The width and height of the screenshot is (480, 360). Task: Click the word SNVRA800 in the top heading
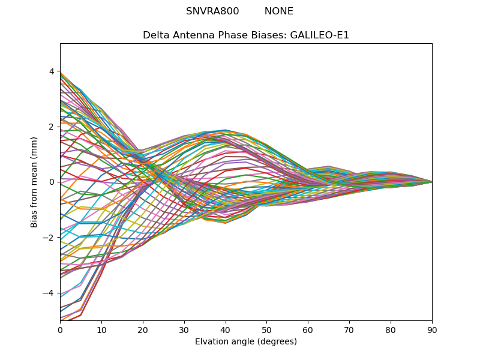[212, 11]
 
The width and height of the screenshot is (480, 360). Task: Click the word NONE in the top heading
[279, 11]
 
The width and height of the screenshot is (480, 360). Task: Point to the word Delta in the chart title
[155, 35]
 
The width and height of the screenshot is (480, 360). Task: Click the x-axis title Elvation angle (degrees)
[246, 341]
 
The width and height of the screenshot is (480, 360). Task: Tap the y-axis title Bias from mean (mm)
[34, 182]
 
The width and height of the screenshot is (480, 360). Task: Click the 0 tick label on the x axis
[60, 329]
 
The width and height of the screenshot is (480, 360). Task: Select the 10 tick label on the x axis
[101, 329]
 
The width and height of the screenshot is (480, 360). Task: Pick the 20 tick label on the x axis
[143, 329]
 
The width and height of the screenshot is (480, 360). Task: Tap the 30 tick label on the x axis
[184, 329]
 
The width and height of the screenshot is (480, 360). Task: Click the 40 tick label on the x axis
[226, 329]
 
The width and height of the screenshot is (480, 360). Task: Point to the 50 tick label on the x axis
[266, 329]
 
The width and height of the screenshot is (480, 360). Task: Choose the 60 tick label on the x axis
[308, 329]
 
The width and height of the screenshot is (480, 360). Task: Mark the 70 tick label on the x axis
[349, 329]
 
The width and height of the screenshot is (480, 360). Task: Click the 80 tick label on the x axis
[391, 329]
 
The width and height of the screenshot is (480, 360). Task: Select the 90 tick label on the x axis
[432, 329]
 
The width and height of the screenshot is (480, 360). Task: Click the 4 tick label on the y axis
[52, 71]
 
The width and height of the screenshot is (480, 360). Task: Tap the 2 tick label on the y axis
[52, 127]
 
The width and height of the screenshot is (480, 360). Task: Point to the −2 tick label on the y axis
[49, 238]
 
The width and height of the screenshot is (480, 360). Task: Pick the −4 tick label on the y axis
[49, 293]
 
